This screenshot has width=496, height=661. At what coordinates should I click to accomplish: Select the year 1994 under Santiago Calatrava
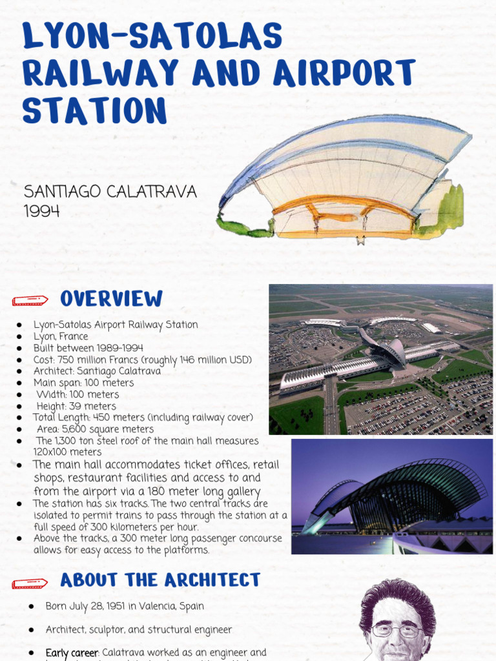[42, 210]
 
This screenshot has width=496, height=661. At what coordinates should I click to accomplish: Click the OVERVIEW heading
[111, 299]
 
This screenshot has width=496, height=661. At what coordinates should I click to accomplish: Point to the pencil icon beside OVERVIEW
[30, 300]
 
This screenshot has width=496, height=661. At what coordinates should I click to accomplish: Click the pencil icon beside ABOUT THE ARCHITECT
[30, 584]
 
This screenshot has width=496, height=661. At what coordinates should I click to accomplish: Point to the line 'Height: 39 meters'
[76, 406]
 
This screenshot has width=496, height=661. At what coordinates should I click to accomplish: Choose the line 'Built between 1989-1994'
[88, 348]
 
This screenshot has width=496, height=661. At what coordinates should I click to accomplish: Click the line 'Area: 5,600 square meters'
[96, 429]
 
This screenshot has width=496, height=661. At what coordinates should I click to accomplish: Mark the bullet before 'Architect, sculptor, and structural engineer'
[32, 629]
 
